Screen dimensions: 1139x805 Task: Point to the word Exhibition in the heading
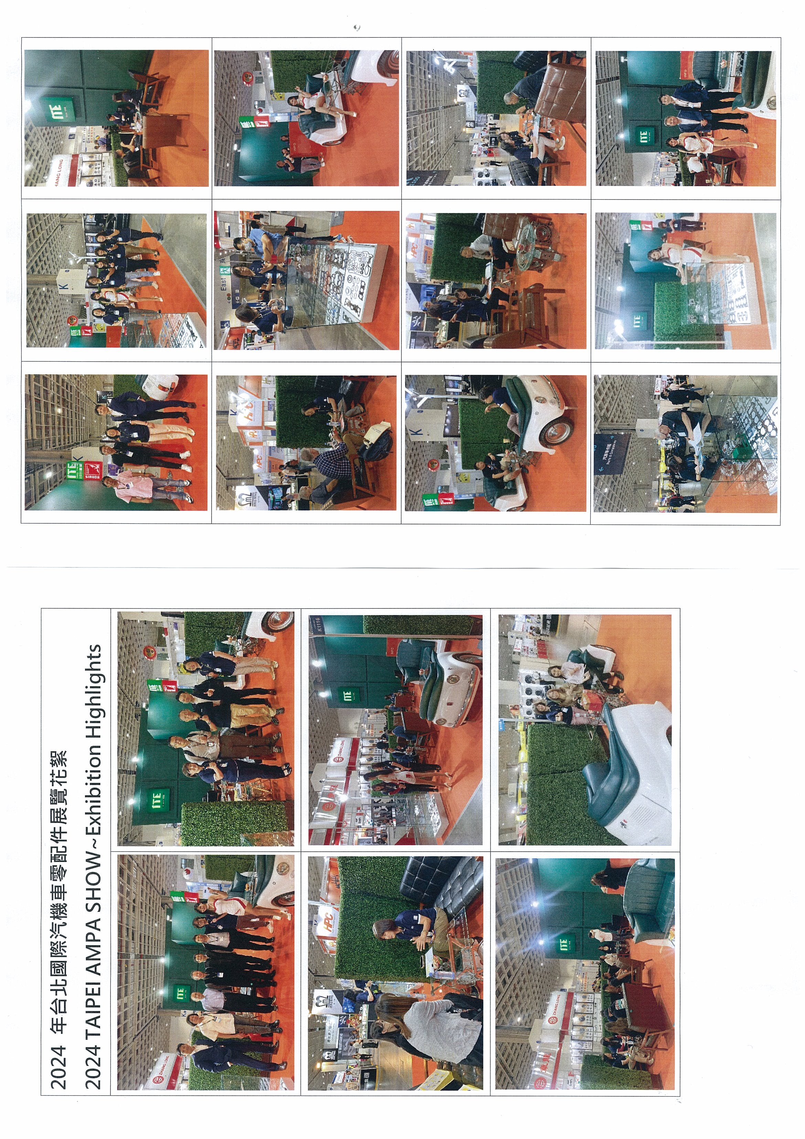coord(93,784)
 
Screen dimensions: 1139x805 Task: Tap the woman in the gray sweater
coord(427,1027)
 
